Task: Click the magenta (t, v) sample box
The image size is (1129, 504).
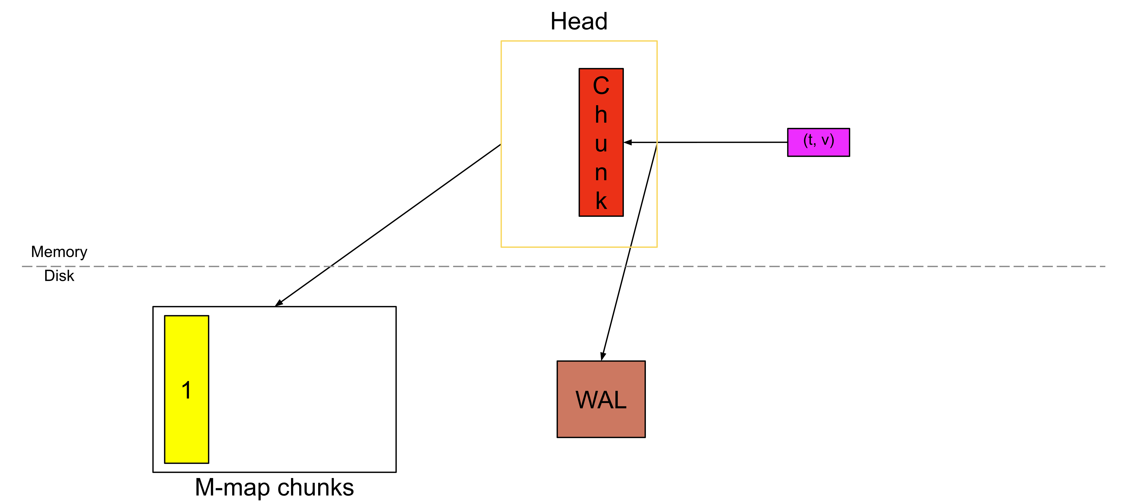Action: tap(818, 142)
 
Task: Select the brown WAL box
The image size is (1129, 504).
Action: tap(601, 399)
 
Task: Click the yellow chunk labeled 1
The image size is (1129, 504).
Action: tap(186, 421)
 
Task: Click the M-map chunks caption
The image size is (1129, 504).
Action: tap(274, 487)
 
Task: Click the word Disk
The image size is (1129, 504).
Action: tap(59, 276)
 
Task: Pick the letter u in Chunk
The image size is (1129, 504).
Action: tap(601, 144)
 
